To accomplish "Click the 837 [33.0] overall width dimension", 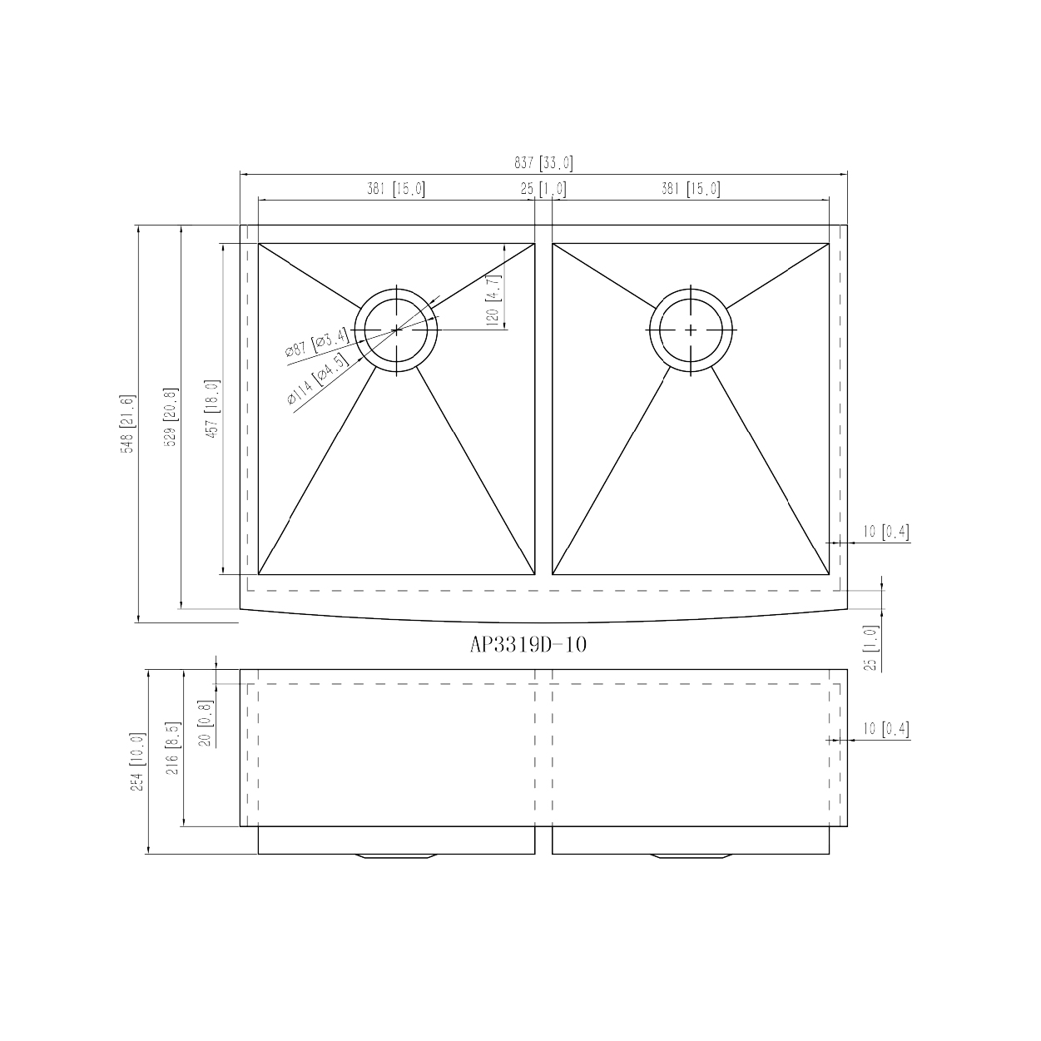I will pos(543,164).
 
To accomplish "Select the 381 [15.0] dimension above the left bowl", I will pos(396,190).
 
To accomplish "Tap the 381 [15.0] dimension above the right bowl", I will pos(691,190).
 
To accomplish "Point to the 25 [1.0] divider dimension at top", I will pos(543,190).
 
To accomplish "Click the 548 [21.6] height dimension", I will pos(127,424).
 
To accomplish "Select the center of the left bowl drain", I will pos(397,330).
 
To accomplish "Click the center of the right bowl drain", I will pos(692,330).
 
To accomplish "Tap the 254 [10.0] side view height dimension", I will pos(138,761).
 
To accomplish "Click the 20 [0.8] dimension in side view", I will pos(206,723).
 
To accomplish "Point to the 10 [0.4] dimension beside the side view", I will pos(885,730).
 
